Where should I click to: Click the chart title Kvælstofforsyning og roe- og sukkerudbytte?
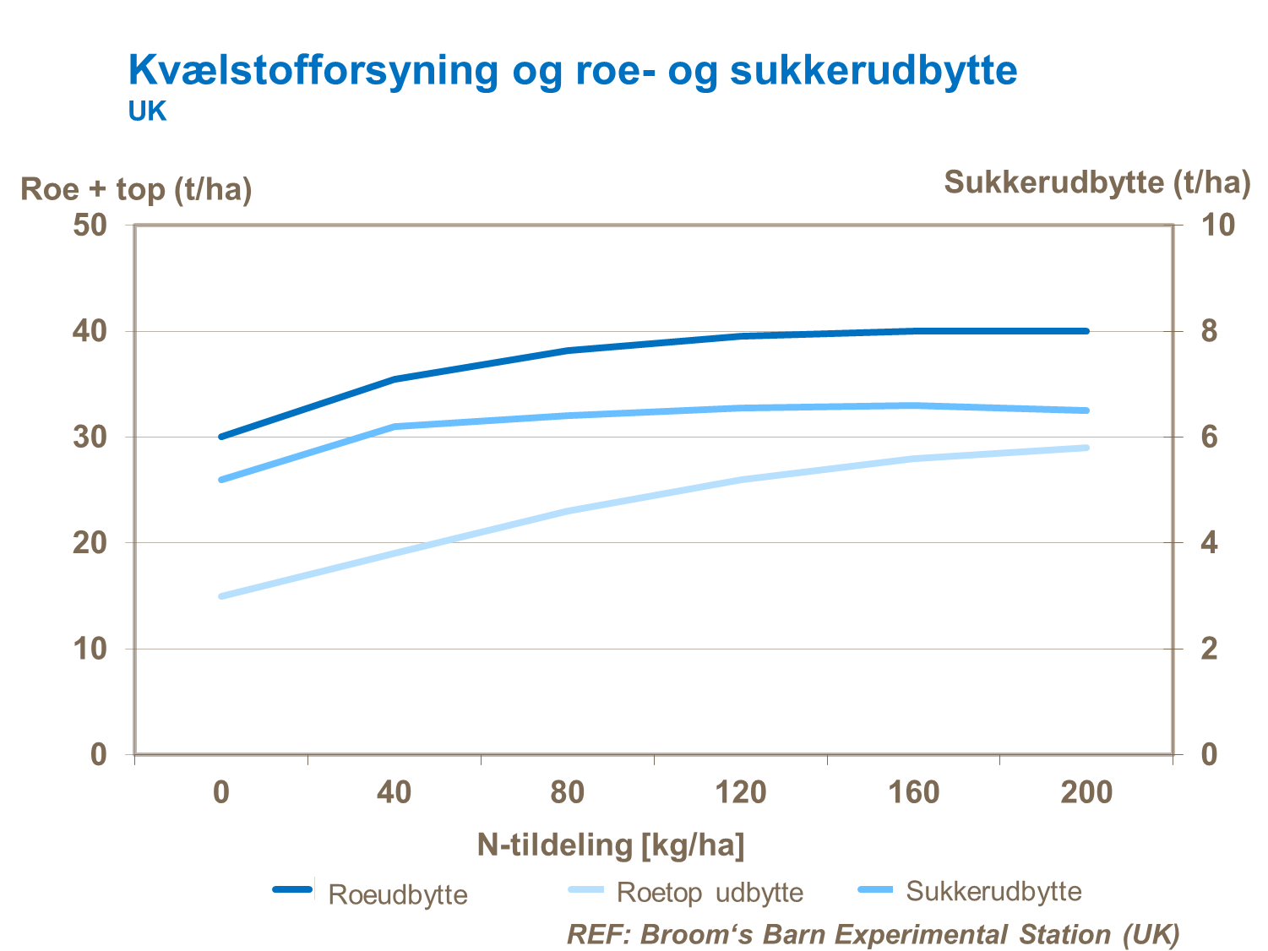point(572,70)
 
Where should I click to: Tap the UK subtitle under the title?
point(147,111)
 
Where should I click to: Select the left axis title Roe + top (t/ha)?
point(136,189)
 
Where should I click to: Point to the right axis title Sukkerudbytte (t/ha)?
point(1097,182)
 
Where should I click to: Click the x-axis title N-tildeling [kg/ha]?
point(611,844)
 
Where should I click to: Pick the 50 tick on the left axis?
point(90,226)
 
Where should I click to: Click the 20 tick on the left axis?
point(90,543)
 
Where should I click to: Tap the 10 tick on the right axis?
point(1217,226)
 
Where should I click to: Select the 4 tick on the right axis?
point(1210,543)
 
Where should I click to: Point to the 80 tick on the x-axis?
point(567,792)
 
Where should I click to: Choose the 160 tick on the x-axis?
point(913,792)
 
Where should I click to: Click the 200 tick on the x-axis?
point(1086,792)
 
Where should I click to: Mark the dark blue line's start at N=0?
point(221,437)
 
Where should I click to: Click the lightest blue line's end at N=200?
point(1086,448)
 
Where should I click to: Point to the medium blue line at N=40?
point(395,427)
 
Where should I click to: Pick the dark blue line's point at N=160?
point(913,331)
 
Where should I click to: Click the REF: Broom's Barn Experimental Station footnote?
point(873,934)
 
